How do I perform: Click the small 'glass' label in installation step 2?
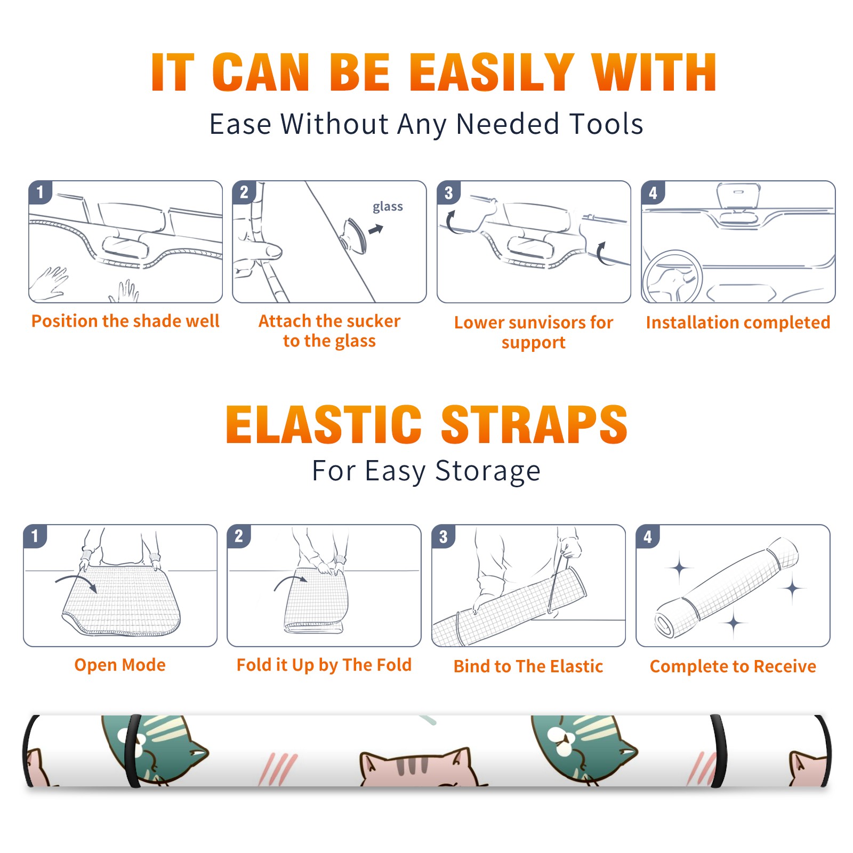point(388,207)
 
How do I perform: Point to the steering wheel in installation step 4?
point(672,277)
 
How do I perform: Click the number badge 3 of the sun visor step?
point(449,192)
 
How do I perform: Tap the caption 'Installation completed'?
point(738,322)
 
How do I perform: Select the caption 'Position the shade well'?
point(125,321)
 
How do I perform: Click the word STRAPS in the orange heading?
point(534,424)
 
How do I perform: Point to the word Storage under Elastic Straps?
point(488,471)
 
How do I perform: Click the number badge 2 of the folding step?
point(239,536)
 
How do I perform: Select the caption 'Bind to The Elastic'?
point(528,666)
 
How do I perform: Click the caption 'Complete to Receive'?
point(733,666)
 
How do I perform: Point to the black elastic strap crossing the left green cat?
point(133,751)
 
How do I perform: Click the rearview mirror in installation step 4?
point(738,195)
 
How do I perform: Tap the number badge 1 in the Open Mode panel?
point(35,536)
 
